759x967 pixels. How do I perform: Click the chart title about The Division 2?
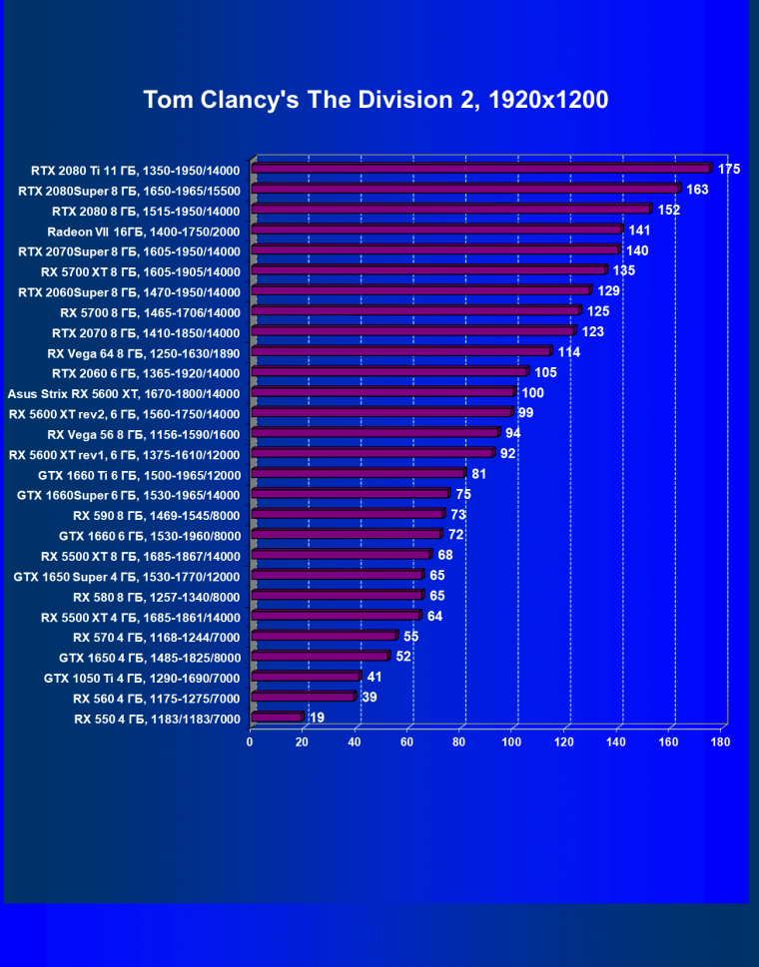pyautogui.click(x=376, y=100)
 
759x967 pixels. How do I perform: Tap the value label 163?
pyautogui.click(x=697, y=190)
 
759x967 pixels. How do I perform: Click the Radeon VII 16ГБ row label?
pyautogui.click(x=144, y=231)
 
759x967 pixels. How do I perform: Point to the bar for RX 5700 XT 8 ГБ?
pyautogui.click(x=430, y=270)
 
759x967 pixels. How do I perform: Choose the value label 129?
pyautogui.click(x=609, y=291)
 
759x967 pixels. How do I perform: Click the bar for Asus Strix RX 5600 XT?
pyautogui.click(x=384, y=393)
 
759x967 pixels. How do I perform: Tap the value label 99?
pyautogui.click(x=526, y=413)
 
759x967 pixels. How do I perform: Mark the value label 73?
pyautogui.click(x=459, y=515)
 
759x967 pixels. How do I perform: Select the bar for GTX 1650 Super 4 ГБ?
pyautogui.click(x=339, y=576)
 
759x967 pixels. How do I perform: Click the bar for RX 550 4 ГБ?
pyautogui.click(x=278, y=718)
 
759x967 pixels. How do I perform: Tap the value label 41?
pyautogui.click(x=375, y=678)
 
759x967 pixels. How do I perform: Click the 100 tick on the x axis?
pyautogui.click(x=512, y=741)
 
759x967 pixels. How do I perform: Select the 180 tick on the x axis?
pyautogui.click(x=721, y=741)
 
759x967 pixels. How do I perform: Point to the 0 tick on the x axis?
pyautogui.click(x=250, y=741)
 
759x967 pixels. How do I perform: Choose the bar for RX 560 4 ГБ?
pyautogui.click(x=304, y=698)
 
